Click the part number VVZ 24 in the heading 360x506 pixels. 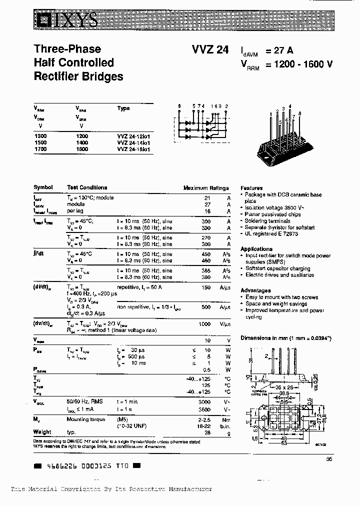click(x=210, y=49)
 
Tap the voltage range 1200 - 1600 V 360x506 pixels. click(x=299, y=63)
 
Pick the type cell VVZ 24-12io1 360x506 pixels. click(x=133, y=136)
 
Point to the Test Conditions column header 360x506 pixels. click(x=87, y=187)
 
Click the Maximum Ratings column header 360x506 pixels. click(x=206, y=188)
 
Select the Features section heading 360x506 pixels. click(x=251, y=188)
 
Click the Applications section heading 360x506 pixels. click(x=256, y=249)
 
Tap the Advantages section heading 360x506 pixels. click(x=255, y=290)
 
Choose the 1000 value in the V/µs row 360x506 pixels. click(x=204, y=324)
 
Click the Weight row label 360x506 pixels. click(x=42, y=432)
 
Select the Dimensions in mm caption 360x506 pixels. click(x=286, y=338)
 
